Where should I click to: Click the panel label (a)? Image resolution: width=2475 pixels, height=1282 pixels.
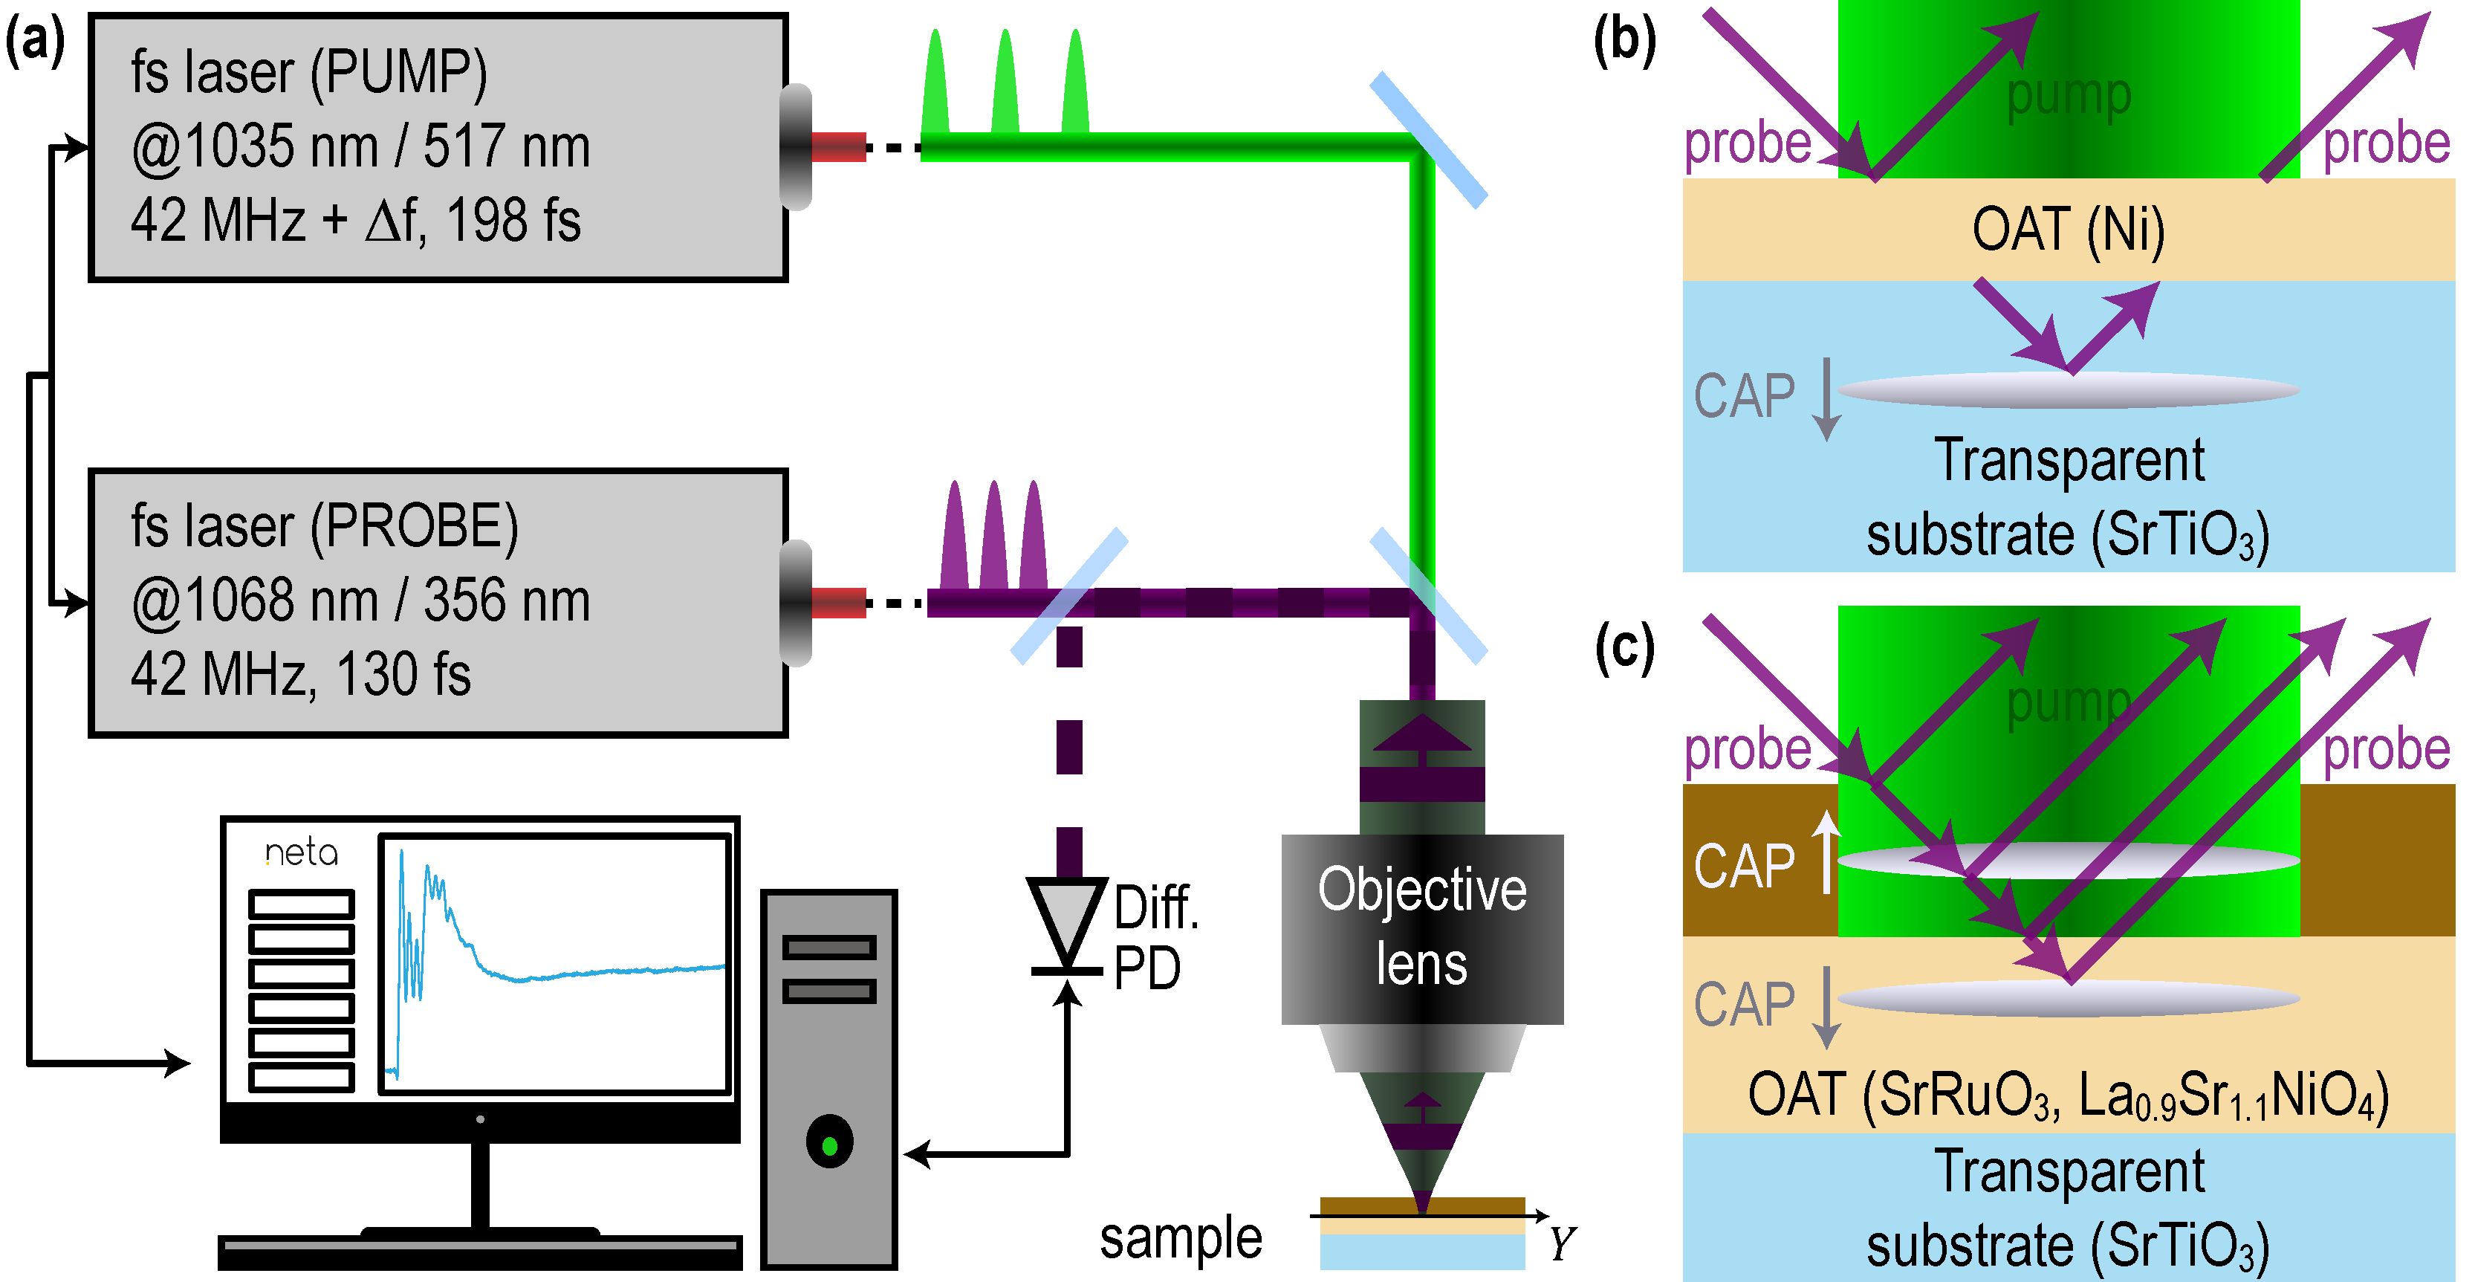(35, 42)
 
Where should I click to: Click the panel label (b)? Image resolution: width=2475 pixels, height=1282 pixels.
(1623, 42)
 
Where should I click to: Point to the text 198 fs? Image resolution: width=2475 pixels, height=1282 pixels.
(514, 220)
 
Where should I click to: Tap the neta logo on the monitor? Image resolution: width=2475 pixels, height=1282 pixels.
(301, 852)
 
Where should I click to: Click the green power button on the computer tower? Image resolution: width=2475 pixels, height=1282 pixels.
(830, 1144)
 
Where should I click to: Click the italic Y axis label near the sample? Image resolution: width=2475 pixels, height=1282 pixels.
(1561, 1245)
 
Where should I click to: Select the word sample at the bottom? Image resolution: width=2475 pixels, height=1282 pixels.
(1181, 1239)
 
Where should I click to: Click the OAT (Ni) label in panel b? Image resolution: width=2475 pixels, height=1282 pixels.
(2069, 230)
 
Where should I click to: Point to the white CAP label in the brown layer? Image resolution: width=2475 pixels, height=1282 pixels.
(1743, 866)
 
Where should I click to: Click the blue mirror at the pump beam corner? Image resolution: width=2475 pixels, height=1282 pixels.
(1429, 140)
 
